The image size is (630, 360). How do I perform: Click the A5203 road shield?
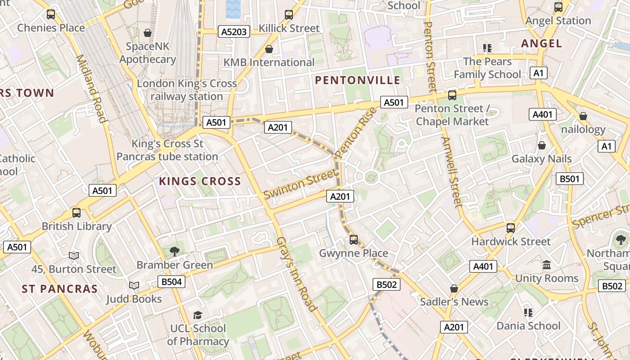tap(234, 31)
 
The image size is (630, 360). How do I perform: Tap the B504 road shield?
tap(171, 282)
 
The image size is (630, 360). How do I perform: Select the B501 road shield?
tap(569, 179)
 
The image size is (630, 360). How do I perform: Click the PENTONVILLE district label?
tap(357, 80)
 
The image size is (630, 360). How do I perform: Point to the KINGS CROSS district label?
tap(200, 181)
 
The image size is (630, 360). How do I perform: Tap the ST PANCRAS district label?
tap(59, 289)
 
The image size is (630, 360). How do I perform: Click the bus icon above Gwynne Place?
tap(354, 240)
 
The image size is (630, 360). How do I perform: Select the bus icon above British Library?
tap(76, 213)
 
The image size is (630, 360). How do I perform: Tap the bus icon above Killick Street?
tap(289, 15)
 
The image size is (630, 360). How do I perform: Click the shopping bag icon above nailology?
tap(583, 116)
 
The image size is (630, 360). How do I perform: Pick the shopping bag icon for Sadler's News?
tap(454, 288)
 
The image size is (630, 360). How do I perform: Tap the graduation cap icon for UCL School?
tap(198, 315)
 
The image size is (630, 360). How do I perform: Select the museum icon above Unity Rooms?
tap(547, 265)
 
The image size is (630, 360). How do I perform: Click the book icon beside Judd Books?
tap(134, 285)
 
